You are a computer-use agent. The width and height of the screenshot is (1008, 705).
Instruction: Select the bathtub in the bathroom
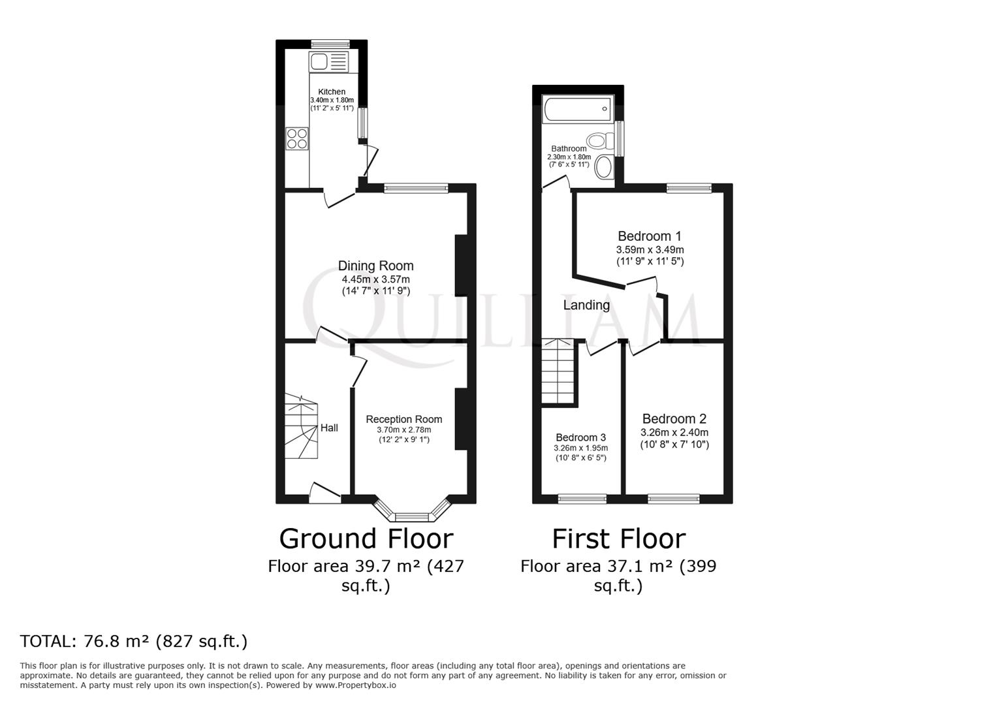click(x=578, y=109)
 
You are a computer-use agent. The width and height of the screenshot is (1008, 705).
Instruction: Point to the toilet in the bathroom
click(x=599, y=140)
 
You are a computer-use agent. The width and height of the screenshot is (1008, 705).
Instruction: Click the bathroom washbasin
click(x=605, y=167)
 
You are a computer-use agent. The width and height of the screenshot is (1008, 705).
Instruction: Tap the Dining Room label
click(x=375, y=266)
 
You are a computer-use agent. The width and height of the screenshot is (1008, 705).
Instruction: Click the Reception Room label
click(x=403, y=419)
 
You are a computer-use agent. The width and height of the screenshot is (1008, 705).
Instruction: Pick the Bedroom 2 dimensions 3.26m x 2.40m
click(x=674, y=432)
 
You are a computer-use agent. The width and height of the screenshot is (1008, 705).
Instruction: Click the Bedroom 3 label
click(x=580, y=437)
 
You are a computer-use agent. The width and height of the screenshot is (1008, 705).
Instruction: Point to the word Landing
click(x=586, y=305)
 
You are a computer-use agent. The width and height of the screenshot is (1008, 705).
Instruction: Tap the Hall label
click(x=329, y=428)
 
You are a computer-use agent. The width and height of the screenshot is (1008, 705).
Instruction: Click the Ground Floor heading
click(x=366, y=539)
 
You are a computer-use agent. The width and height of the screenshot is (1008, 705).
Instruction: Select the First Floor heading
click(x=618, y=539)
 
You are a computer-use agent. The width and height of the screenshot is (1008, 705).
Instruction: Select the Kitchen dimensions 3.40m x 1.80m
click(x=332, y=100)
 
